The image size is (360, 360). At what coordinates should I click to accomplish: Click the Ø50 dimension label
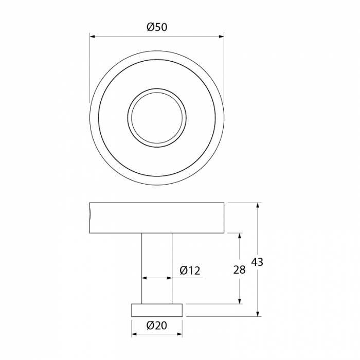[x=157, y=28]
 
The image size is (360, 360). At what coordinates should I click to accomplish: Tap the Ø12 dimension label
[x=190, y=270]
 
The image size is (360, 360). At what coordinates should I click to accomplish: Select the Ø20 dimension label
[x=157, y=325]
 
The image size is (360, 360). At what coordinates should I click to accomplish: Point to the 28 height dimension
[x=239, y=270]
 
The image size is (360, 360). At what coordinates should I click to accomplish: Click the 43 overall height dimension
[x=257, y=262]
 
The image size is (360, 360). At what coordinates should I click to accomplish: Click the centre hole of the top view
[x=157, y=116]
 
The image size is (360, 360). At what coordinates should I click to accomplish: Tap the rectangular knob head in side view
[x=157, y=218]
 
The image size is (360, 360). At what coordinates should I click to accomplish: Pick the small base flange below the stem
[x=157, y=310]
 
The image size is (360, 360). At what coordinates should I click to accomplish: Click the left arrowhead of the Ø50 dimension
[x=93, y=37]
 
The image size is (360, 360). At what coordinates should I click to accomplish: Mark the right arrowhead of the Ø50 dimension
[x=221, y=37]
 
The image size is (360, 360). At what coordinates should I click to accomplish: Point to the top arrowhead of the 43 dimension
[x=258, y=206]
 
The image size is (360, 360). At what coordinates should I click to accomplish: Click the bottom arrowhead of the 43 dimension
[x=258, y=313]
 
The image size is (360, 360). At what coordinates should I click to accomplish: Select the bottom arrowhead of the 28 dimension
[x=239, y=301]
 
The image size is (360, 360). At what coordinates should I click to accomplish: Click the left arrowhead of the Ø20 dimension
[x=134, y=334]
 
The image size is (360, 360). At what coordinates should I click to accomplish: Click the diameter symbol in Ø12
[x=184, y=270]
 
